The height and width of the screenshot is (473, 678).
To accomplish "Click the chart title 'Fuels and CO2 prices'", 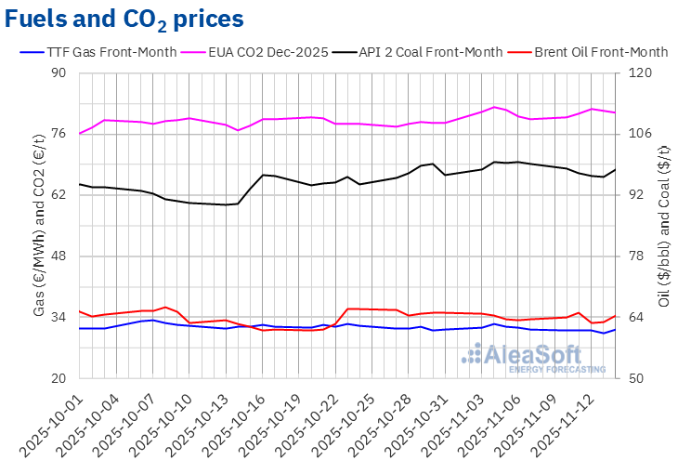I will (125, 19).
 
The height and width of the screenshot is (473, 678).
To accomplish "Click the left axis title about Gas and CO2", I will (40, 226).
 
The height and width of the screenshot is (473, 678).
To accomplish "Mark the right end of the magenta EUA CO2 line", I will (615, 112).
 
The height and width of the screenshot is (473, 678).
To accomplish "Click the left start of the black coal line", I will (80, 184).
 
